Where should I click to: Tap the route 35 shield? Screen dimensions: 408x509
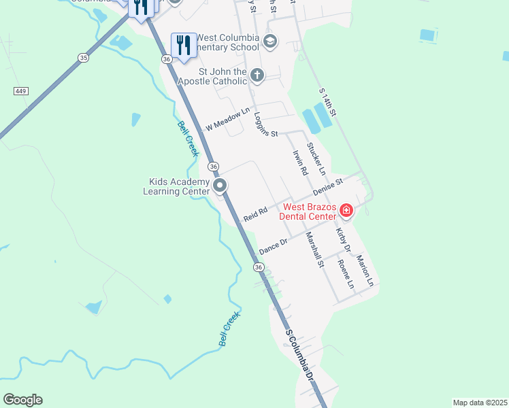click(x=83, y=58)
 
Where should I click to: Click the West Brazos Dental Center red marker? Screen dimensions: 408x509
click(x=346, y=211)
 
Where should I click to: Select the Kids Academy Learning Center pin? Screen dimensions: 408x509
click(x=220, y=186)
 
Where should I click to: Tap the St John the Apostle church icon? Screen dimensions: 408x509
click(x=257, y=75)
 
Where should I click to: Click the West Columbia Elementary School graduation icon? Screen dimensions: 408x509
click(x=269, y=42)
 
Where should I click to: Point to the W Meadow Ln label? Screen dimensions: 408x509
click(x=228, y=122)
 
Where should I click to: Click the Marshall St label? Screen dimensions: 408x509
click(x=314, y=250)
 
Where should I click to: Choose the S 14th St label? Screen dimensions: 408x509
click(x=328, y=101)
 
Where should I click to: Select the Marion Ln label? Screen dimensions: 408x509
click(x=365, y=271)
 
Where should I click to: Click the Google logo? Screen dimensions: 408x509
click(x=22, y=400)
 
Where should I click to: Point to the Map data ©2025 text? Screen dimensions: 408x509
click(x=480, y=403)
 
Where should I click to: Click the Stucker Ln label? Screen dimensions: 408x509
click(x=316, y=158)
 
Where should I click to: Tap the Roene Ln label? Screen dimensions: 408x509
click(x=346, y=274)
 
